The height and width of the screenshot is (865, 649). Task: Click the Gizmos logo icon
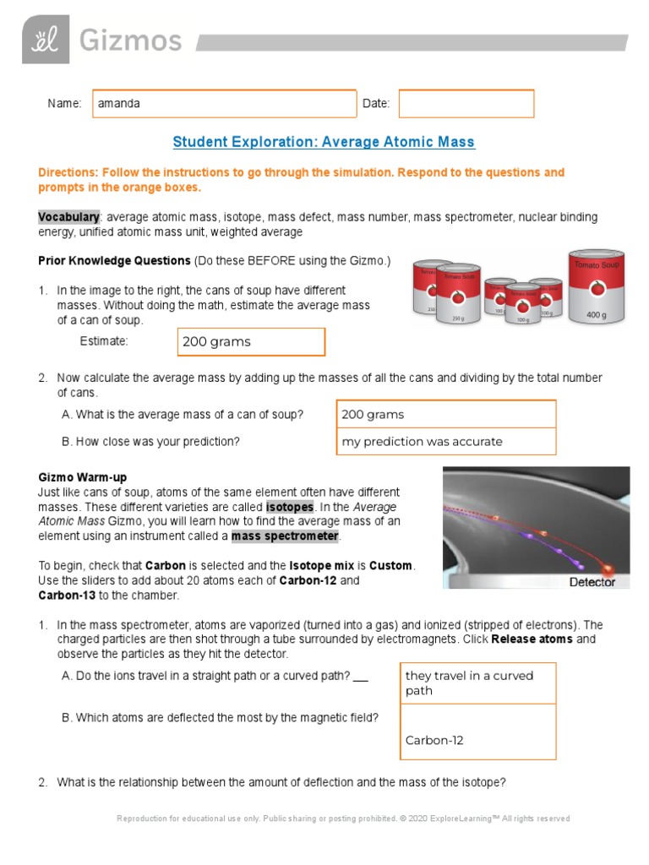(x=46, y=40)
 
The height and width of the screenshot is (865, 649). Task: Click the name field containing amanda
(x=225, y=104)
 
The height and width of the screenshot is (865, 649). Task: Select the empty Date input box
(x=466, y=104)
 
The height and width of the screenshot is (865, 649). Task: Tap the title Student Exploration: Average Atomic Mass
(x=324, y=142)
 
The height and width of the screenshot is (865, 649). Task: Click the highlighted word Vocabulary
(x=68, y=217)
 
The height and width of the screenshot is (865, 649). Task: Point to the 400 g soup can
(x=596, y=287)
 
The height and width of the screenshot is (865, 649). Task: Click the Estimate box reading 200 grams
(x=252, y=342)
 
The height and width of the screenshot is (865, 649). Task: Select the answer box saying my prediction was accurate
(x=446, y=442)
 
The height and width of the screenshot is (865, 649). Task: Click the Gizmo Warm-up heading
(x=83, y=478)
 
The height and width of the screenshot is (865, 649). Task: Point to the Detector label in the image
(x=592, y=582)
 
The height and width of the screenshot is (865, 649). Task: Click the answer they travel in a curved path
(x=477, y=683)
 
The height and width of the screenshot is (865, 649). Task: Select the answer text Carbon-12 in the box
(x=434, y=741)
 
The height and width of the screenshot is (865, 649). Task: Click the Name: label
(x=64, y=104)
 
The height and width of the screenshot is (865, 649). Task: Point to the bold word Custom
(x=391, y=565)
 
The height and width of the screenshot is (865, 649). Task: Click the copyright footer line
(x=343, y=819)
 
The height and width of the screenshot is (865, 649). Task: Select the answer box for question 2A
(x=446, y=415)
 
